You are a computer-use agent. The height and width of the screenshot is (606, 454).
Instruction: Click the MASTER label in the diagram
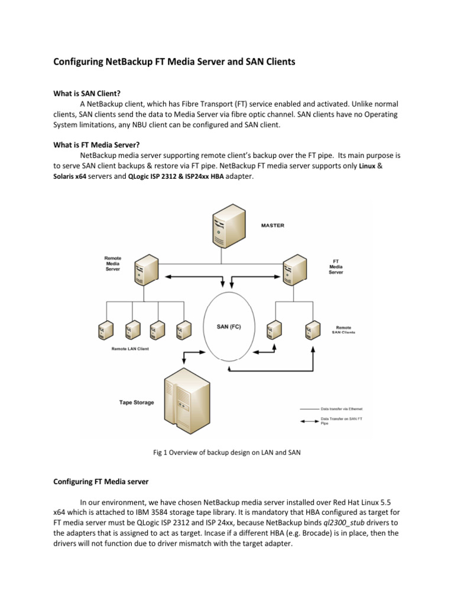click(273, 225)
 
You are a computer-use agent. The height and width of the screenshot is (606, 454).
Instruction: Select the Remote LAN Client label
click(130, 349)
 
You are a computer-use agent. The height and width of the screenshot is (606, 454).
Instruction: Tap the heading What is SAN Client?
click(87, 93)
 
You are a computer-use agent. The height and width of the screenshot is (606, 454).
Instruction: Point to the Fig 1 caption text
click(226, 453)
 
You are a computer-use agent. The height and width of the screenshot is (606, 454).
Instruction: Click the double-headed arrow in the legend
click(310, 421)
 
